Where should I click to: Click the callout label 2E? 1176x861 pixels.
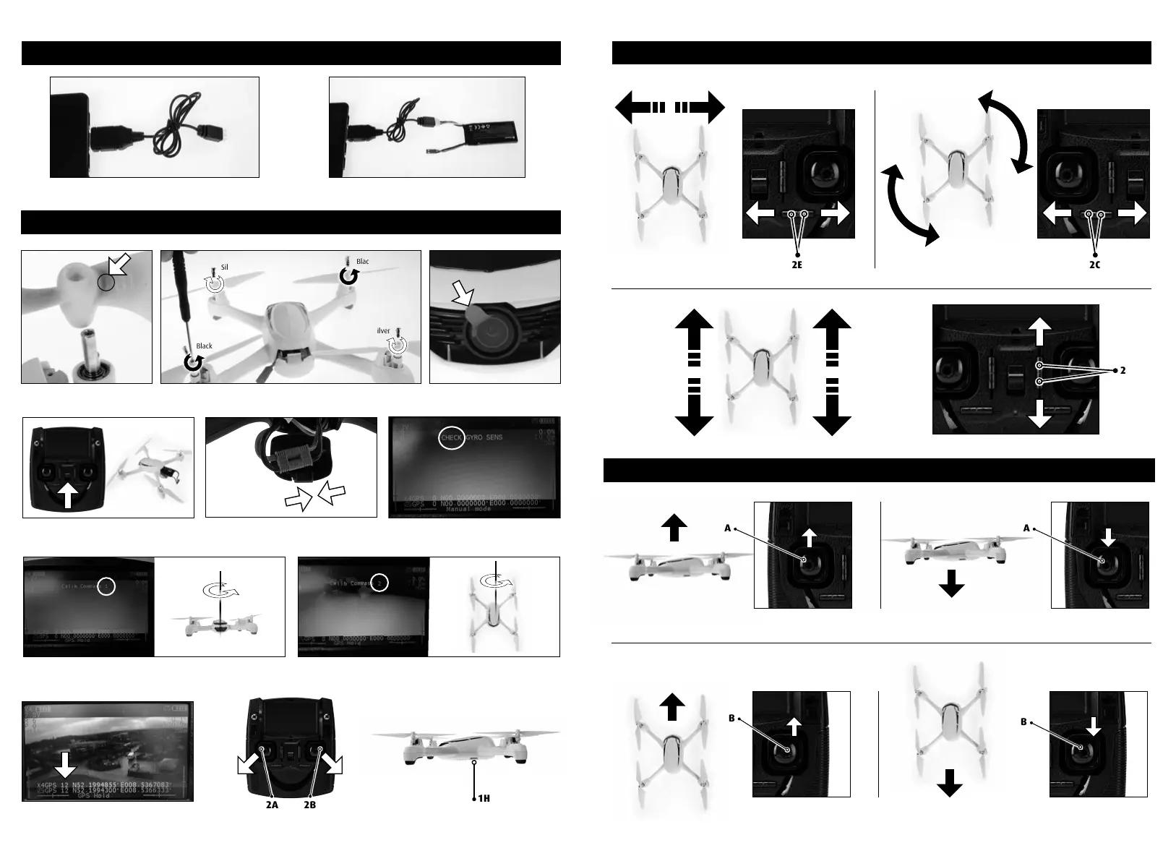click(x=797, y=265)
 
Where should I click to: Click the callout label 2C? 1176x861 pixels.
click(x=1095, y=265)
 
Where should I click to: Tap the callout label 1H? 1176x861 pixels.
click(x=484, y=799)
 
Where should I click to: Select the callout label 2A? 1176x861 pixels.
click(x=270, y=805)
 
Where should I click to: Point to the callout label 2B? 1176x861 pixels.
click(x=310, y=805)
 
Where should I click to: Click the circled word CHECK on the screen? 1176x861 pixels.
click(x=452, y=438)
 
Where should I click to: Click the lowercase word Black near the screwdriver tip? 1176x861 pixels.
click(x=205, y=346)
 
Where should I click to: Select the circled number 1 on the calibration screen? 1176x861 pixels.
click(x=106, y=586)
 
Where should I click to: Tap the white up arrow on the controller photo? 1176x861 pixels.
click(x=67, y=496)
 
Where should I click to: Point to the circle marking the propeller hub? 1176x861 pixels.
click(x=106, y=283)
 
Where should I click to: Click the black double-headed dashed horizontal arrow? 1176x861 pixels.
click(x=669, y=108)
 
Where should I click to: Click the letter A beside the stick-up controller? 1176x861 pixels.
click(x=729, y=528)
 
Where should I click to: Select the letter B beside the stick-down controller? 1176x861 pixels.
click(x=1025, y=721)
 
